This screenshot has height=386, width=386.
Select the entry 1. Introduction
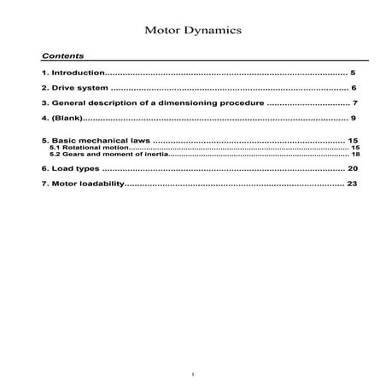pyautogui.click(x=73, y=73)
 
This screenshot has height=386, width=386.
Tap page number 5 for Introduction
pyautogui.click(x=352, y=73)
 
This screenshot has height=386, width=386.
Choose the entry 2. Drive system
pyautogui.click(x=74, y=88)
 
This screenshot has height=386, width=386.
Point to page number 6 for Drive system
pyautogui.click(x=352, y=88)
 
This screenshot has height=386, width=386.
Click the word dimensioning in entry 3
pyautogui.click(x=182, y=102)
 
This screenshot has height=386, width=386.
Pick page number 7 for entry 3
pyautogui.click(x=354, y=102)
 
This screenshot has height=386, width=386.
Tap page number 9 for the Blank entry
pyautogui.click(x=353, y=116)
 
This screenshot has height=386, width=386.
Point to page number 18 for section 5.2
pyautogui.click(x=355, y=154)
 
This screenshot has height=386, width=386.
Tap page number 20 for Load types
pyautogui.click(x=352, y=169)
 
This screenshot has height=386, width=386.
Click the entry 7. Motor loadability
pyautogui.click(x=82, y=184)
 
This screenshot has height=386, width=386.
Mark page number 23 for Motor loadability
pyautogui.click(x=352, y=184)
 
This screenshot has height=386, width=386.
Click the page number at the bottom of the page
pyautogui.click(x=194, y=373)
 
